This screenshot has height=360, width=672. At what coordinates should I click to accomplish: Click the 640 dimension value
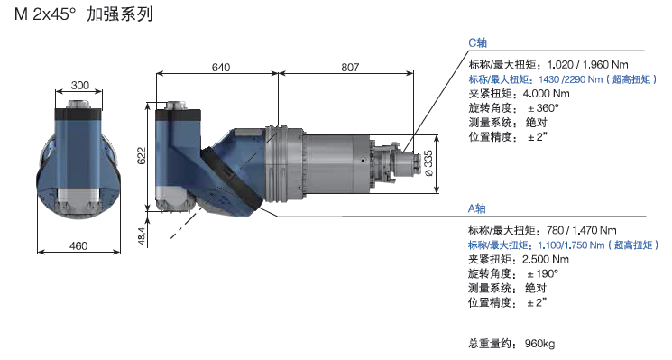pos(221,68)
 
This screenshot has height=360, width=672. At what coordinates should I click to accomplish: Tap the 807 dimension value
pos(350,68)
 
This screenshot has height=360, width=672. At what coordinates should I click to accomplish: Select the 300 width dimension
pos(80,86)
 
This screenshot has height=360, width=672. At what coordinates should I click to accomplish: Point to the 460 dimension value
pos(78,246)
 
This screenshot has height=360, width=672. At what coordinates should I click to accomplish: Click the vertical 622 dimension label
pos(142,155)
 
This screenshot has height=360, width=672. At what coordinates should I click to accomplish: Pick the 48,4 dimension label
pos(142,235)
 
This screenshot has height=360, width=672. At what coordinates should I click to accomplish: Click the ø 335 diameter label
pos(428,162)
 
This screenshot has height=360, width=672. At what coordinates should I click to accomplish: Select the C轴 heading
pos(477,42)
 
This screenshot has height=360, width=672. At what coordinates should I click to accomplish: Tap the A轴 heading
pos(476,208)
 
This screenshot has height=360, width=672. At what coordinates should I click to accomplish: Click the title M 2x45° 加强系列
pos(84,14)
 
